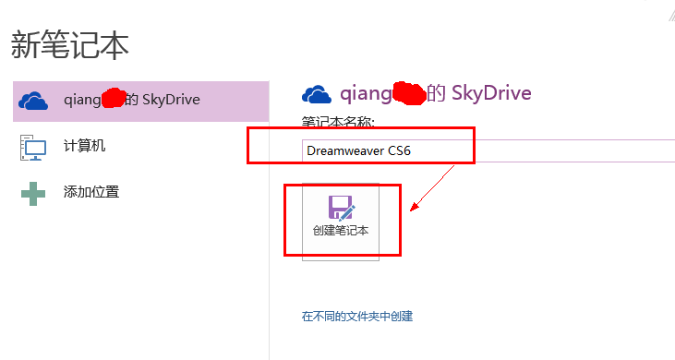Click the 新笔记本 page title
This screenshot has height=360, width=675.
point(70,44)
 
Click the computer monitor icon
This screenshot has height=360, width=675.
point(33,147)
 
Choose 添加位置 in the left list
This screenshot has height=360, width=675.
point(90,192)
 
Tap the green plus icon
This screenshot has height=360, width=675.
point(33,193)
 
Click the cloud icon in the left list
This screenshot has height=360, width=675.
point(33,100)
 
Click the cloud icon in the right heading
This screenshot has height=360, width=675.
point(317,93)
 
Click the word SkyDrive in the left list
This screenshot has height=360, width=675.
point(171,100)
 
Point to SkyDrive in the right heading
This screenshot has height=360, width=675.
point(490,93)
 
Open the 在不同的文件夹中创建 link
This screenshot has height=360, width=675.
point(357,316)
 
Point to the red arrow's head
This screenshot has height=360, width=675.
point(413,209)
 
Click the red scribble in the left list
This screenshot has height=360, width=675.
point(114,97)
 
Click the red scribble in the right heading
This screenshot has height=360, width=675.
point(408,91)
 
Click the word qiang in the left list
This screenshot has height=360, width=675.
point(81,100)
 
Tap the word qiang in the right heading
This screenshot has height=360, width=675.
point(365,93)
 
